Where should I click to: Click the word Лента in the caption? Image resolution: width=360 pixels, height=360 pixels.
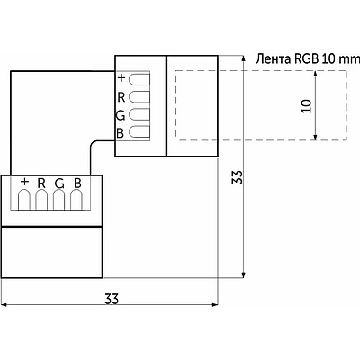pyautogui.click(x=273, y=59)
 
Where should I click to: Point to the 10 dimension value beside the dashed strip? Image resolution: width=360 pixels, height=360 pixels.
pyautogui.click(x=306, y=106)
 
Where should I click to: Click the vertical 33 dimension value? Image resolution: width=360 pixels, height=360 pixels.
pyautogui.click(x=238, y=177)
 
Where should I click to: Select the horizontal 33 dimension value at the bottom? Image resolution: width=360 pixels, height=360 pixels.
pyautogui.click(x=112, y=299)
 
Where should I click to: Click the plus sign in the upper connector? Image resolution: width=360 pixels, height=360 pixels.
pyautogui.click(x=121, y=78)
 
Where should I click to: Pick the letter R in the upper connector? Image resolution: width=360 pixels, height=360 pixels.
pyautogui.click(x=121, y=97)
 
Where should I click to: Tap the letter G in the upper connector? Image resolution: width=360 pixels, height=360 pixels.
pyautogui.click(x=121, y=115)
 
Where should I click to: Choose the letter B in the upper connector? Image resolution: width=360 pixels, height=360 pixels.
pyautogui.click(x=120, y=133)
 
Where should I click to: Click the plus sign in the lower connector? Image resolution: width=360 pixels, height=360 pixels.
pyautogui.click(x=25, y=182)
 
